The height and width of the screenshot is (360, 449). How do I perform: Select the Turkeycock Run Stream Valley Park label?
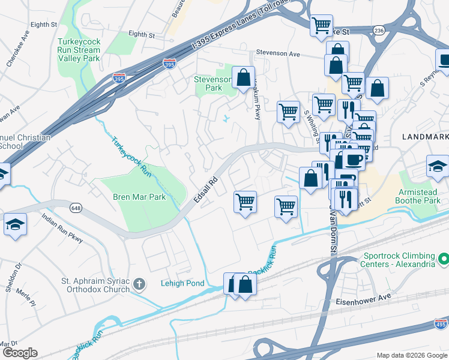coord(79,50)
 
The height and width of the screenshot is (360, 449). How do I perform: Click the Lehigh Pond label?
coord(182,283)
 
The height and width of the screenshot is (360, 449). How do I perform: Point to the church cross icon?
coord(139,283)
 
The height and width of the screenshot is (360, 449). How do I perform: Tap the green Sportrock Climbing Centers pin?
coord(443,259)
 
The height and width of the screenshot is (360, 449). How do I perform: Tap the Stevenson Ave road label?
coord(277,54)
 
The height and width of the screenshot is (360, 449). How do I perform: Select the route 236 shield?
coord(379,29)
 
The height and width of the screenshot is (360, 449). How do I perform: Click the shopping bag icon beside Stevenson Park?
coord(243,78)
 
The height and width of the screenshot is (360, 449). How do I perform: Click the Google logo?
coord(19,353)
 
